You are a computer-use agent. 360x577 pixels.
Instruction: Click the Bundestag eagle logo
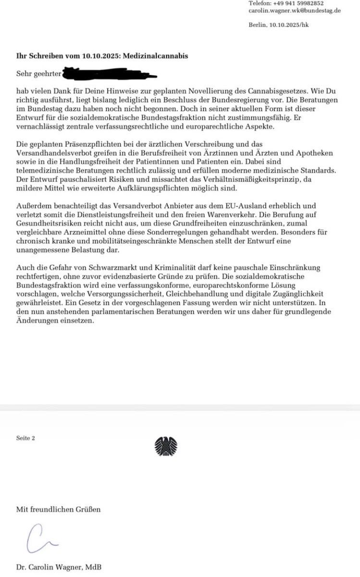(x=166, y=446)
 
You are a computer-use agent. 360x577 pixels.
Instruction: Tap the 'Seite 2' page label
(x=25, y=438)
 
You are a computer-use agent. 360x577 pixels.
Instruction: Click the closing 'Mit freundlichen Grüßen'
(x=59, y=509)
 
